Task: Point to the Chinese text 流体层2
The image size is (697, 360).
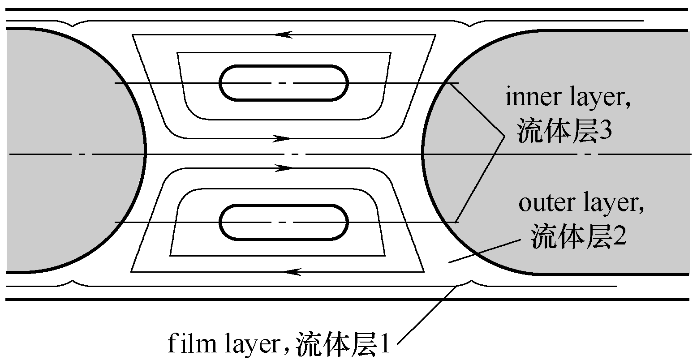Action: point(578,237)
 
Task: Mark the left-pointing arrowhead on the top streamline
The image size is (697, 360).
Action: point(284,34)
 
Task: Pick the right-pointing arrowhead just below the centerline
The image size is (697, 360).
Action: point(283,168)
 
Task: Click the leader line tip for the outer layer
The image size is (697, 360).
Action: point(449,263)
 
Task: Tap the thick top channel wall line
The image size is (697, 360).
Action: point(345,9)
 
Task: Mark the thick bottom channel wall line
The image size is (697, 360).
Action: point(345,299)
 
